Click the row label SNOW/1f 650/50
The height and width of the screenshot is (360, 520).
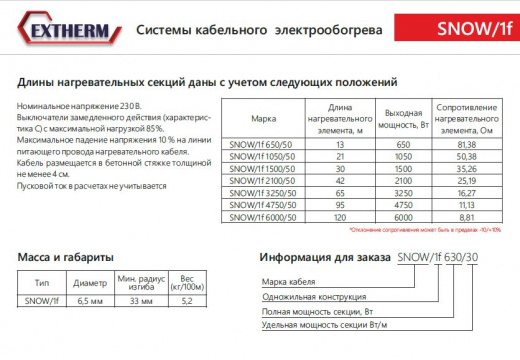(x=264, y=144)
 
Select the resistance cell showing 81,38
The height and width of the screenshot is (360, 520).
(x=467, y=144)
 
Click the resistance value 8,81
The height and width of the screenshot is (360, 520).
(x=467, y=216)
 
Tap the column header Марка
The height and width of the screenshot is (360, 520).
(x=264, y=116)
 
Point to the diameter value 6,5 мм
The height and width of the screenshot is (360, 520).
(x=90, y=300)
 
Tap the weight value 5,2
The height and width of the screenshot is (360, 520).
(x=187, y=300)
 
